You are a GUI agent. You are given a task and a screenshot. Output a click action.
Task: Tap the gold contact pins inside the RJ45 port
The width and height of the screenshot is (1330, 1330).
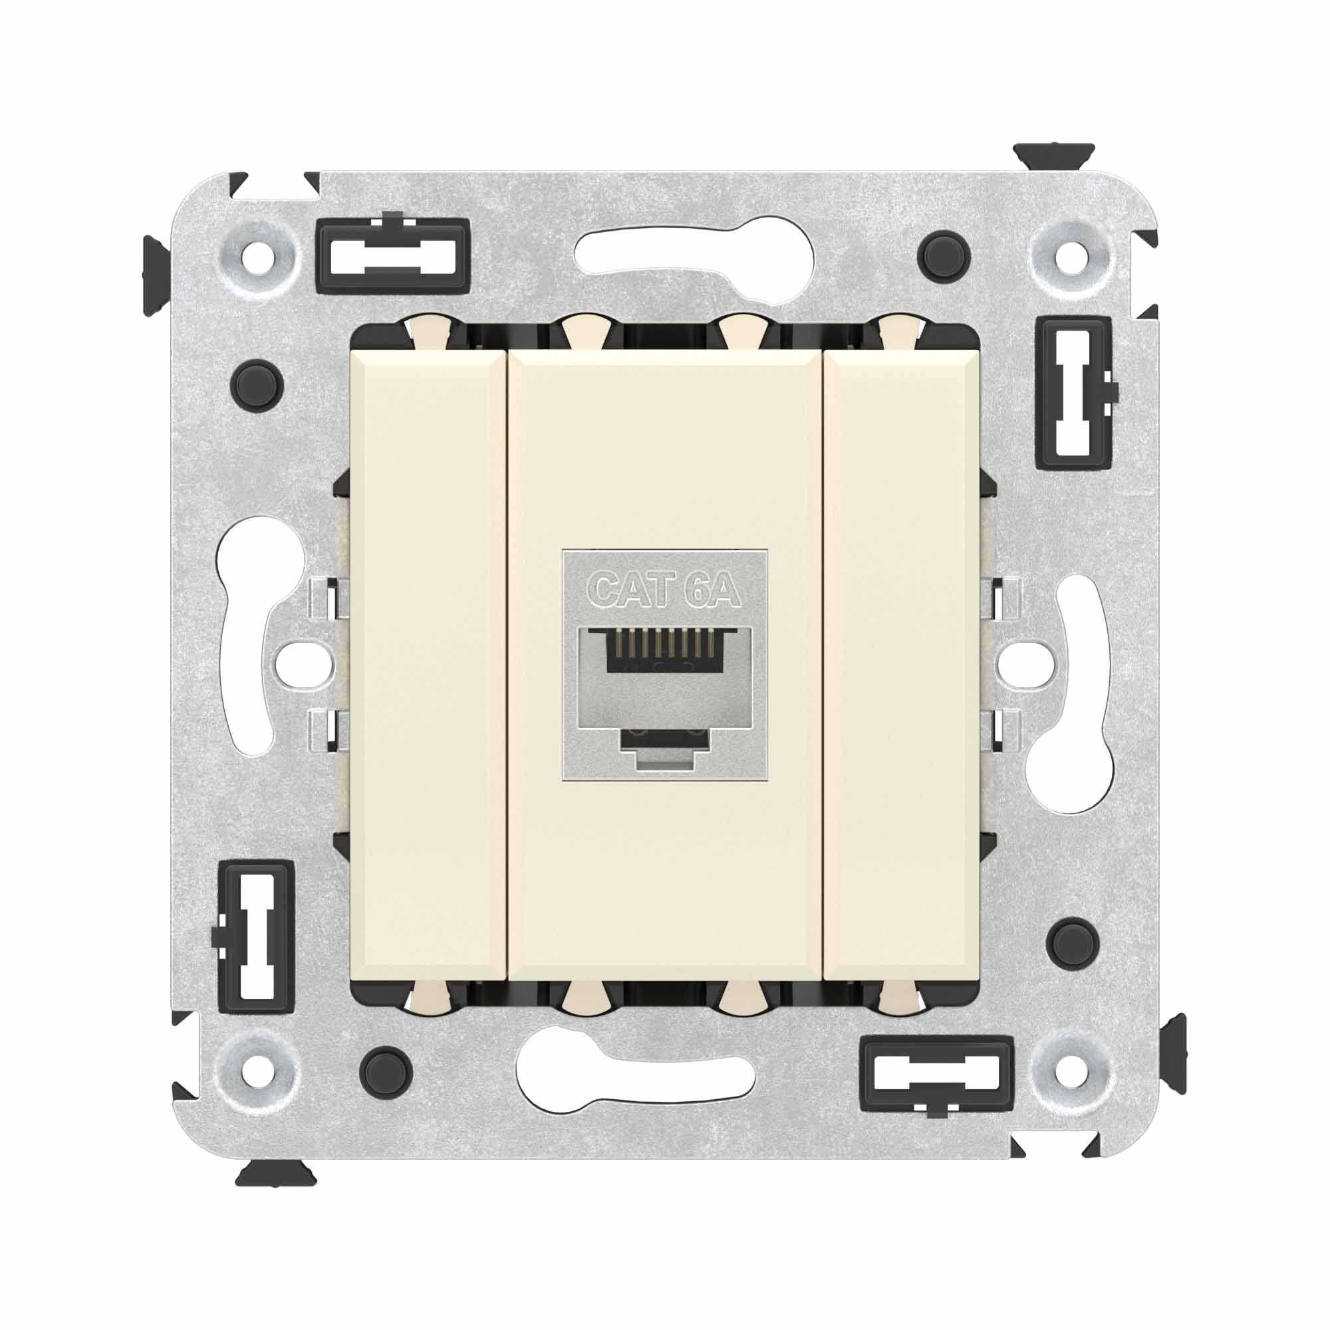(x=665, y=643)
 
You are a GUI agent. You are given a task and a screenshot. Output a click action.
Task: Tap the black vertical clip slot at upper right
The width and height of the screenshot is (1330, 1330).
(x=1074, y=393)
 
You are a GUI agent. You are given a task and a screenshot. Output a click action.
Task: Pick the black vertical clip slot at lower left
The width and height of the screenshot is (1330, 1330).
(x=256, y=937)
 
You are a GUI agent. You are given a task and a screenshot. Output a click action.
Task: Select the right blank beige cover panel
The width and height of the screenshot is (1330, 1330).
(x=902, y=664)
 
